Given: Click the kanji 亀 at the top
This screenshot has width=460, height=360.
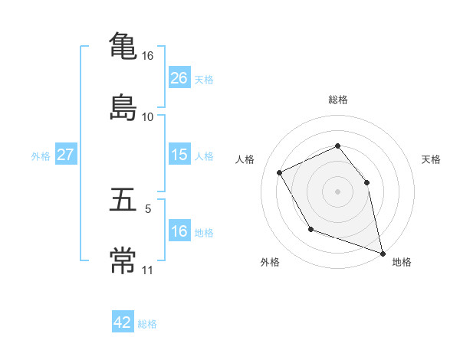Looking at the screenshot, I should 123,46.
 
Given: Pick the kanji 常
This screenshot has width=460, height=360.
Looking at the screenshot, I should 123,260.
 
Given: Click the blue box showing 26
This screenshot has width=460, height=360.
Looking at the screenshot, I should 179,78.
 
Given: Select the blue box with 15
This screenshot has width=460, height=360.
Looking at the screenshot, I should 179,155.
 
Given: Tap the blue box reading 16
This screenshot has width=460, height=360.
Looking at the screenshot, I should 179,231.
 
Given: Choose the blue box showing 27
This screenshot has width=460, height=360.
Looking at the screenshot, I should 66,155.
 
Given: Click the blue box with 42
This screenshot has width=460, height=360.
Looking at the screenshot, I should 123,322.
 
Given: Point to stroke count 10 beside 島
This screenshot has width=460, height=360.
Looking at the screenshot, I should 148,117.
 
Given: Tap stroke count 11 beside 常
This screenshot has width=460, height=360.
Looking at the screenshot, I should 148,270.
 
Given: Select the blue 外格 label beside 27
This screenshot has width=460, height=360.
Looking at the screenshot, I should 41,155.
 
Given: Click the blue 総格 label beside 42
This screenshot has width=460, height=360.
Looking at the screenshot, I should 147,323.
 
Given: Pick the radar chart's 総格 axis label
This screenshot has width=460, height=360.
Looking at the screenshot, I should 337,100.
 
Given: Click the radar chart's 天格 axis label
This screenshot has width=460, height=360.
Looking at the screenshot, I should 431,159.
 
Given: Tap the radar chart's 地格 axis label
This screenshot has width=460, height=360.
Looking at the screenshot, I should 402,262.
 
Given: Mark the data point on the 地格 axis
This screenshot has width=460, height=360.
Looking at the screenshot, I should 383,253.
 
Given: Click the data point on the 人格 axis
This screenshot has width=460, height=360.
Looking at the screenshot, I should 280,172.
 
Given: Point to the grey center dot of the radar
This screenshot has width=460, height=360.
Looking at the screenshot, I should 337,191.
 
